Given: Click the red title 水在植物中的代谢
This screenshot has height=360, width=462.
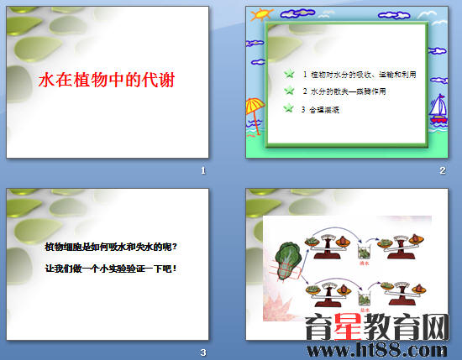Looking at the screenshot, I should coord(111,81).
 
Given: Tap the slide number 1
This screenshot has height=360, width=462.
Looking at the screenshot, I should coord(202,171).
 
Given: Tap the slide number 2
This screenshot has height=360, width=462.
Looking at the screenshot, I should coord(442,171).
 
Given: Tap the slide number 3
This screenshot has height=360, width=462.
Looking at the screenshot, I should coord(202,352).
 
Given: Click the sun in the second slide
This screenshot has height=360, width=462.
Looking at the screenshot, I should coord(262,14).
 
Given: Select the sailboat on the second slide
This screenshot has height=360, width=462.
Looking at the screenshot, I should coord(438,110).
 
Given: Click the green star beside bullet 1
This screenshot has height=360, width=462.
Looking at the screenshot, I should coord(290,74).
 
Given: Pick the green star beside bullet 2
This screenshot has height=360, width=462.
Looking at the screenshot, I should coord(290,91).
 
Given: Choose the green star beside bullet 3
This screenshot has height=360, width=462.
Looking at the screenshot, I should coord(290,107).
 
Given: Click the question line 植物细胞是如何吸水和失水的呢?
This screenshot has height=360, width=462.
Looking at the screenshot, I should coord(112,247).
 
